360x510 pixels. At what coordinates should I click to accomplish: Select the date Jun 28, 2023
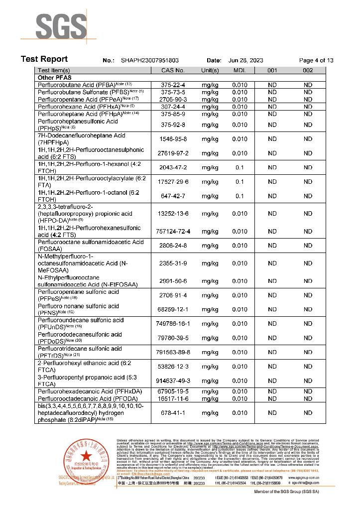pyautogui.click(x=245, y=60)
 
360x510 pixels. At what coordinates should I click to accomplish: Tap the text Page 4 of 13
pyautogui.click(x=316, y=60)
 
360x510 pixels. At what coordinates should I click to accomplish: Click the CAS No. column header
pyautogui.click(x=173, y=71)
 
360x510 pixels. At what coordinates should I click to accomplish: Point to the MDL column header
pyautogui.click(x=240, y=71)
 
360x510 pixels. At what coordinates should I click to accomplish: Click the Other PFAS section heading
pyautogui.click(x=55, y=78)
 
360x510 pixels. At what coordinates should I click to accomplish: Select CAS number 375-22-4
pyautogui.click(x=173, y=85)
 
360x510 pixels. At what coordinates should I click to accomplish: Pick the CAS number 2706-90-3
pyautogui.click(x=173, y=100)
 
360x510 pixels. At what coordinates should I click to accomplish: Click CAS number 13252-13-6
pyautogui.click(x=173, y=214)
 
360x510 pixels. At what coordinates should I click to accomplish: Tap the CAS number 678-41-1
pyautogui.click(x=173, y=413)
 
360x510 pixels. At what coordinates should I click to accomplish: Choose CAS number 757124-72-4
pyautogui.click(x=173, y=232)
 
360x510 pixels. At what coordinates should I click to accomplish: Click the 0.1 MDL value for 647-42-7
pyautogui.click(x=240, y=196)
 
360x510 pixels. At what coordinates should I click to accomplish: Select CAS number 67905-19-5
pyautogui.click(x=173, y=392)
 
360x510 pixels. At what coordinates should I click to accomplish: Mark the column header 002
pyautogui.click(x=308, y=71)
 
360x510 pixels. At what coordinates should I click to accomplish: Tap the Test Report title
pyautogui.click(x=44, y=59)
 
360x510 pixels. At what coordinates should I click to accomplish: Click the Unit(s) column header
pyautogui.click(x=210, y=71)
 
